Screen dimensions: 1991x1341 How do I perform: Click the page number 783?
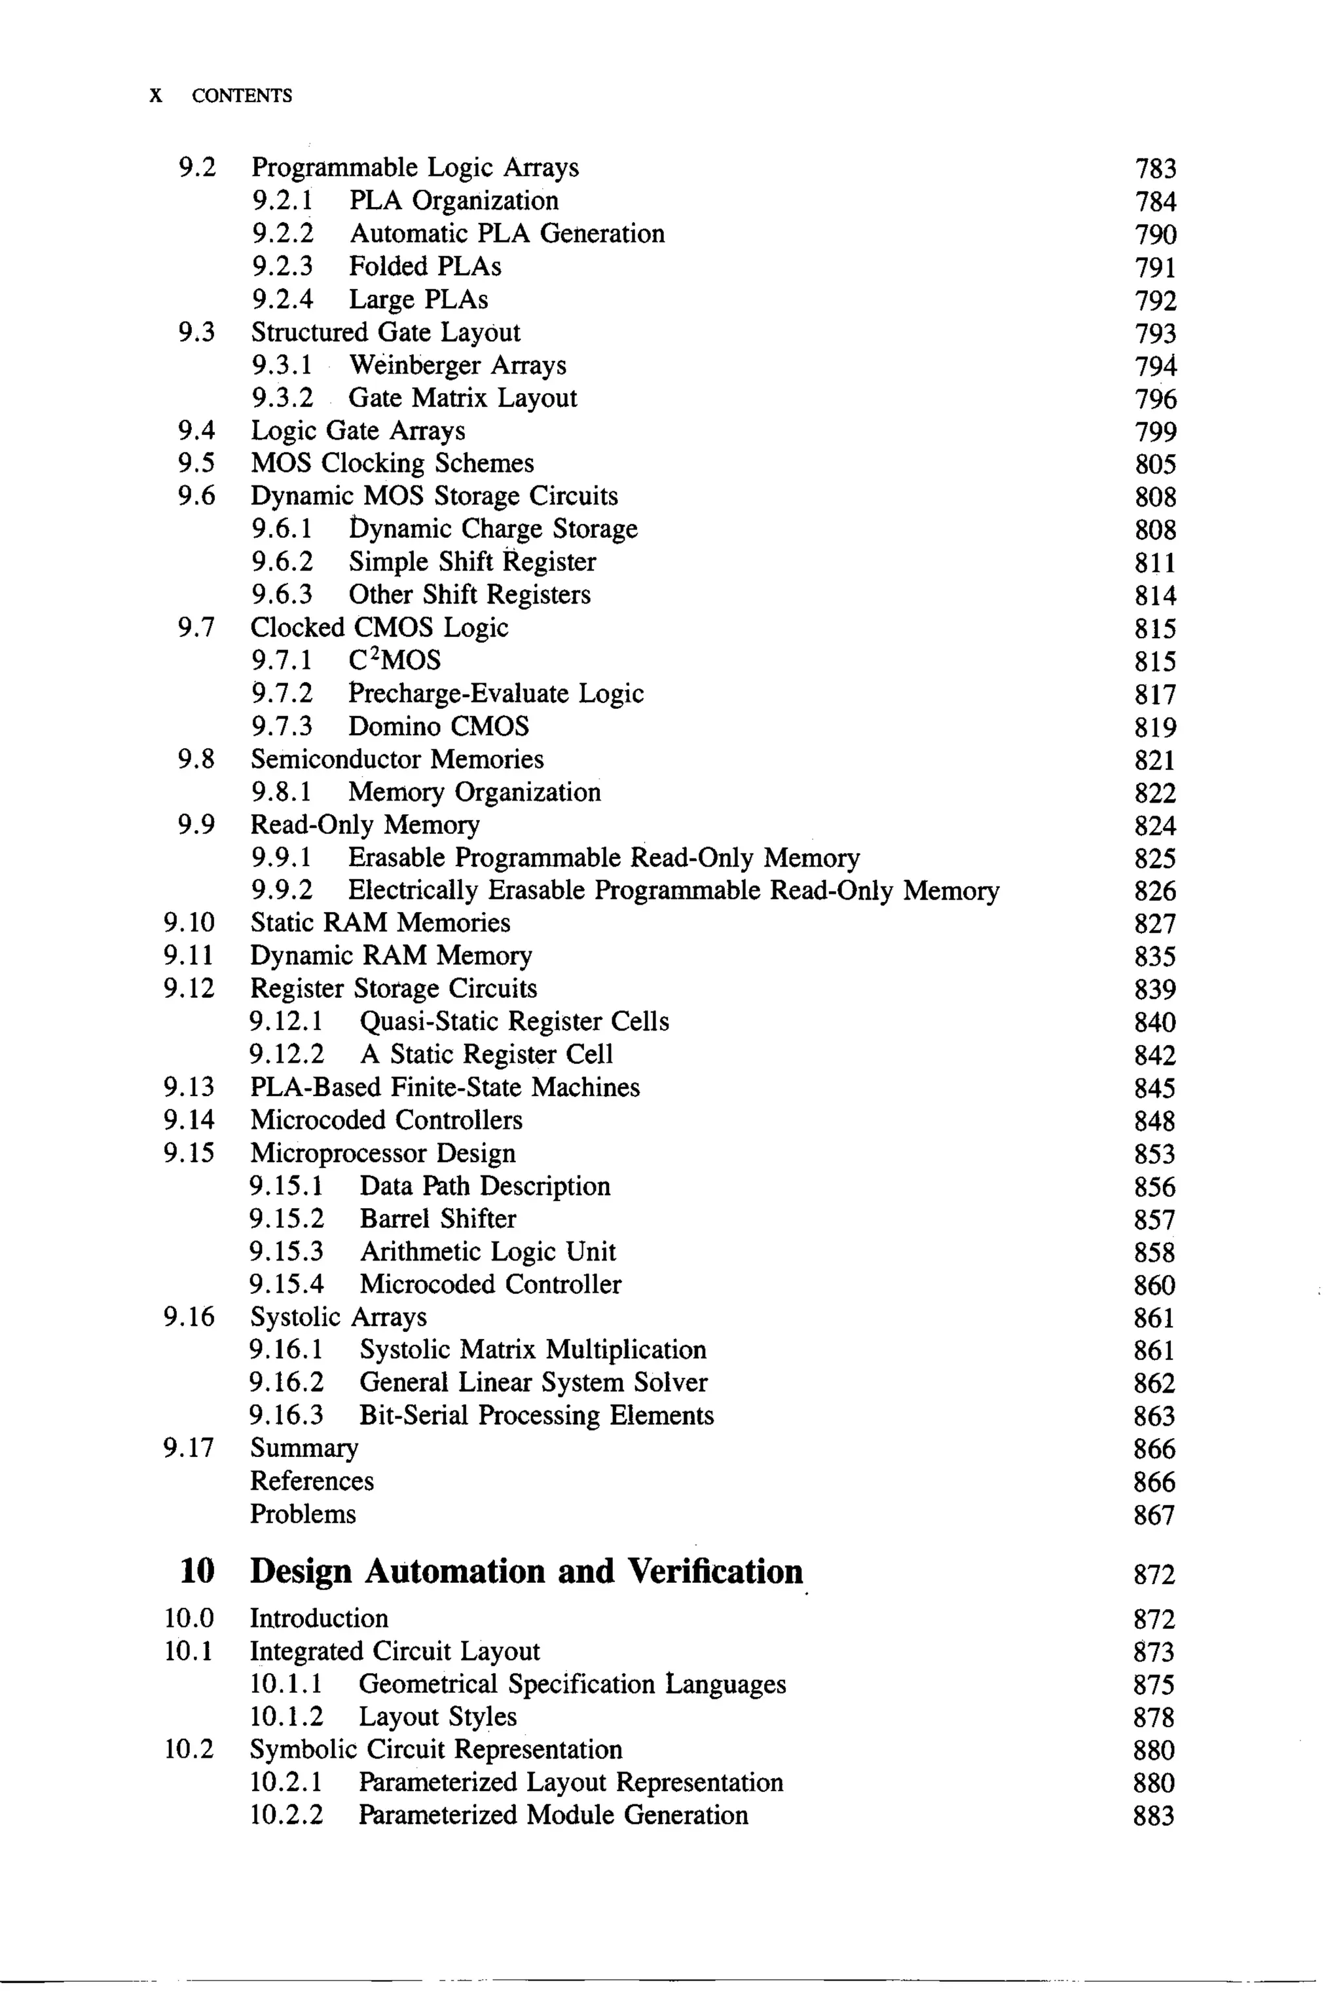pos(1156,168)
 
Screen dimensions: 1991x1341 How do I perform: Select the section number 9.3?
pos(196,332)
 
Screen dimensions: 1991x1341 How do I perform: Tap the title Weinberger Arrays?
pos(458,366)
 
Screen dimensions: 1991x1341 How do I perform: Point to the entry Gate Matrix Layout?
pos(463,398)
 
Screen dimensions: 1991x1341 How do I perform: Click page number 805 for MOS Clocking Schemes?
pos(1156,464)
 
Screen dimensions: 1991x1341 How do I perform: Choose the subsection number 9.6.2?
pos(282,562)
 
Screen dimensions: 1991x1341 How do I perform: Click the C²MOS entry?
pos(395,660)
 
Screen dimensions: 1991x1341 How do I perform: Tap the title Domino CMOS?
pos(439,727)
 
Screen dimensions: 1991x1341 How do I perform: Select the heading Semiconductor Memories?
pos(397,759)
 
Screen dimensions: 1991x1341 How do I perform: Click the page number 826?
pos(1156,891)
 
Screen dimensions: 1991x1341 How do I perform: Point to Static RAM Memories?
pos(380,922)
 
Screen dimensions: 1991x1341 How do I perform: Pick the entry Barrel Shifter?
pos(438,1219)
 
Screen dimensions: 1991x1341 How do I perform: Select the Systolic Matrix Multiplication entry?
pos(533,1350)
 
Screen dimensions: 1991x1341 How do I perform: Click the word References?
pos(311,1481)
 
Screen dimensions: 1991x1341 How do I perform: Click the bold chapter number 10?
pos(198,1571)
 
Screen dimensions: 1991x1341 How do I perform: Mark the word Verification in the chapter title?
pos(715,1571)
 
